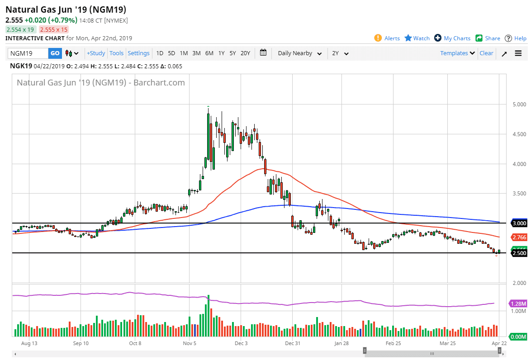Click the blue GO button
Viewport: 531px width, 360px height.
pyautogui.click(x=55, y=53)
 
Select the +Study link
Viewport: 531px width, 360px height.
pyautogui.click(x=96, y=53)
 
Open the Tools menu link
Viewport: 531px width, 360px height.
pyautogui.click(x=117, y=53)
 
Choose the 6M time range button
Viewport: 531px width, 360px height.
pyautogui.click(x=209, y=53)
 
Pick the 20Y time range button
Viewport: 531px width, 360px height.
pyautogui.click(x=245, y=53)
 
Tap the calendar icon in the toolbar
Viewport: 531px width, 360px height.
pyautogui.click(x=263, y=53)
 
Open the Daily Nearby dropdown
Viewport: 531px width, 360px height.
pyautogui.click(x=300, y=53)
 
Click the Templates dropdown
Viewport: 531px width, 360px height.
pyautogui.click(x=458, y=53)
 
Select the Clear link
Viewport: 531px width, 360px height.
pyautogui.click(x=486, y=53)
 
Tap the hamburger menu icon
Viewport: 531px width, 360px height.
pyautogui.click(x=518, y=53)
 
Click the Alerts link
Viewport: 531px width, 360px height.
pyautogui.click(x=387, y=38)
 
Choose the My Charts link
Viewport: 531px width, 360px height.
pyautogui.click(x=452, y=38)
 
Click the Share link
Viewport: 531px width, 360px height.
pyautogui.click(x=488, y=38)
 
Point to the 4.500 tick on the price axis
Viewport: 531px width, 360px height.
pyautogui.click(x=519, y=134)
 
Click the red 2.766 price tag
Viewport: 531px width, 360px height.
pyautogui.click(x=519, y=237)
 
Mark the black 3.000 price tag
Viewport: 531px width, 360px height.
pyautogui.click(x=519, y=223)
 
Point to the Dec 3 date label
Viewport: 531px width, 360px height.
pyautogui.click(x=241, y=343)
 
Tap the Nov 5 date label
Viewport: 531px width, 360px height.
pyautogui.click(x=190, y=343)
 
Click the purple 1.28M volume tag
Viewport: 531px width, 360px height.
pyautogui.click(x=518, y=303)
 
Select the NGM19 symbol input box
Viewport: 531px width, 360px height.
pyautogui.click(x=28, y=53)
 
